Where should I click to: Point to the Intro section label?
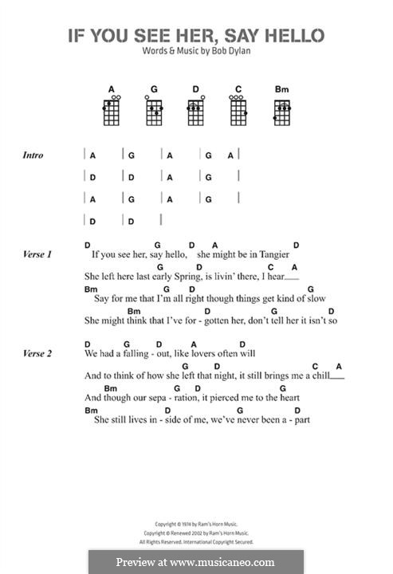pos(33,155)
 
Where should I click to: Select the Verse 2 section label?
pos(37,352)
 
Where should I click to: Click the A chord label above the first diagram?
pos(112,88)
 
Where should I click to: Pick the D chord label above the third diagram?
pos(196,88)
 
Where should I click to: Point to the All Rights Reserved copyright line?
pos(196,541)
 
